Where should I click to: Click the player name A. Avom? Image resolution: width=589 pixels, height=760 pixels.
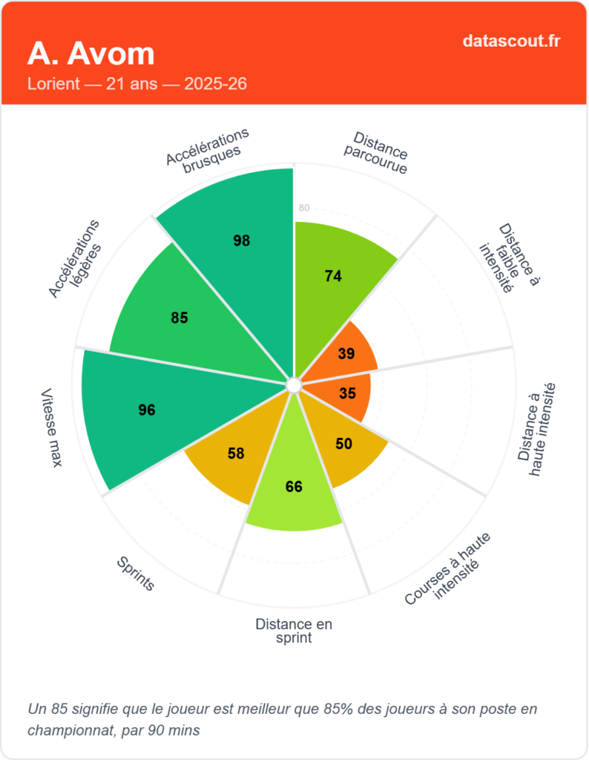(x=91, y=53)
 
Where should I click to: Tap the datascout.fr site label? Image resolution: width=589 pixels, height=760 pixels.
(x=511, y=40)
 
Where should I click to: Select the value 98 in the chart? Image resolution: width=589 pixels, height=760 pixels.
(x=241, y=240)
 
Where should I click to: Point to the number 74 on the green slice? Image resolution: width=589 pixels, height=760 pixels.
(x=333, y=276)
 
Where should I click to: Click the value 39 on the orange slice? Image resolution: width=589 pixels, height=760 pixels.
(x=346, y=354)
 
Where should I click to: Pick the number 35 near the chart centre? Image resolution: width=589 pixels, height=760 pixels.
(x=347, y=394)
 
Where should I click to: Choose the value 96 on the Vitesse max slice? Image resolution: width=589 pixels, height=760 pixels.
(x=147, y=410)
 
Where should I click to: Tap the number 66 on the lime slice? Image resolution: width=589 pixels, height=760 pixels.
(x=294, y=487)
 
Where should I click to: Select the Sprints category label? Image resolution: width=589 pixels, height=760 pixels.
(x=136, y=574)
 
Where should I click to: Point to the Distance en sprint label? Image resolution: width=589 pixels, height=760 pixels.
(x=294, y=631)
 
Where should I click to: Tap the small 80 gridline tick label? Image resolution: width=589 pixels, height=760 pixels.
(x=303, y=208)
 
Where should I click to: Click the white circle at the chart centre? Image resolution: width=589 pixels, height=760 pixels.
(x=293, y=385)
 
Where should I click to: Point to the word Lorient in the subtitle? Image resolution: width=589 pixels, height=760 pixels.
(x=53, y=83)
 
